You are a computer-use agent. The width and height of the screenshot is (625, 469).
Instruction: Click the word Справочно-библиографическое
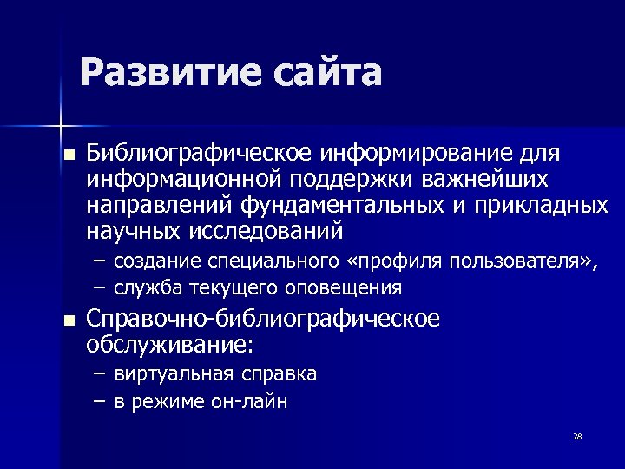point(263,320)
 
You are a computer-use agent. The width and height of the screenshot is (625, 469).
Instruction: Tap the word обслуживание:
point(169,346)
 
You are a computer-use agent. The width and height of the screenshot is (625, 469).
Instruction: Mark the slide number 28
point(577,436)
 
